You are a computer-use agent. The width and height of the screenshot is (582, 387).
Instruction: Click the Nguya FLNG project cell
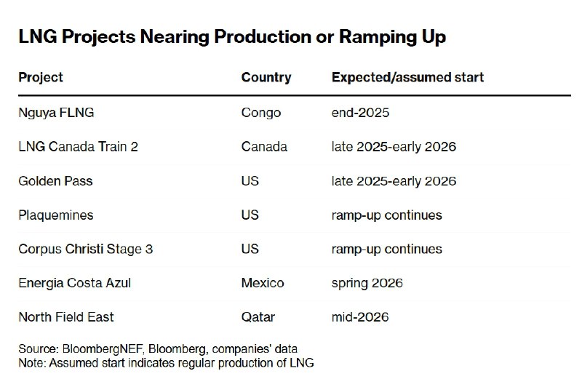click(x=56, y=113)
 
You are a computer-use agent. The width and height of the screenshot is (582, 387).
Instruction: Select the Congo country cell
click(x=261, y=113)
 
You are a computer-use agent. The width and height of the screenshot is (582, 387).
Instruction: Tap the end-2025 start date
click(x=360, y=113)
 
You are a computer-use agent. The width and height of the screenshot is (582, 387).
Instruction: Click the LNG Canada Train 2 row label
click(x=79, y=146)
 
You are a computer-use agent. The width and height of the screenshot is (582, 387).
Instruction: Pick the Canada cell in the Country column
click(x=264, y=146)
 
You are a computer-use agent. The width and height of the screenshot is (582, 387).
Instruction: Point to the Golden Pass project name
click(x=56, y=180)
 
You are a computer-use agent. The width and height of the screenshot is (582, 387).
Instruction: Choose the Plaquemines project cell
click(x=56, y=215)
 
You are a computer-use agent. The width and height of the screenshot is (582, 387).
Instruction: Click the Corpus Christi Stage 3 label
click(x=86, y=249)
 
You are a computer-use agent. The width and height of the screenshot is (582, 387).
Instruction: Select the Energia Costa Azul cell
click(x=75, y=283)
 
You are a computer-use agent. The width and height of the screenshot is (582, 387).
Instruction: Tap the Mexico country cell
click(x=263, y=283)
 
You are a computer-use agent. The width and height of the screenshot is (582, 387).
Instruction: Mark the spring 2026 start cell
click(x=367, y=283)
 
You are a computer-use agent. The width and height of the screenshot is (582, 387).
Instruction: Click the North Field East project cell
click(x=66, y=317)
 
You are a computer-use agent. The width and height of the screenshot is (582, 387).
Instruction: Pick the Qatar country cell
click(x=258, y=317)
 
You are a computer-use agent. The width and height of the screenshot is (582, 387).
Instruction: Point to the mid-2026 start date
click(x=360, y=317)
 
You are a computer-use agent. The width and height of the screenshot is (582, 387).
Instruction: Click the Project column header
click(x=41, y=78)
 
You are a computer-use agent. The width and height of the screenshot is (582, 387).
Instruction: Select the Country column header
click(x=266, y=77)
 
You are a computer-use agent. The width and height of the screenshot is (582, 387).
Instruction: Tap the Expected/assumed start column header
click(x=407, y=77)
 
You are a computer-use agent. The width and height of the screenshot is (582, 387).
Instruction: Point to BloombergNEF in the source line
click(x=103, y=349)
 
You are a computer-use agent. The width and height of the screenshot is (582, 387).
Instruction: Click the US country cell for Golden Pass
click(x=250, y=180)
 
